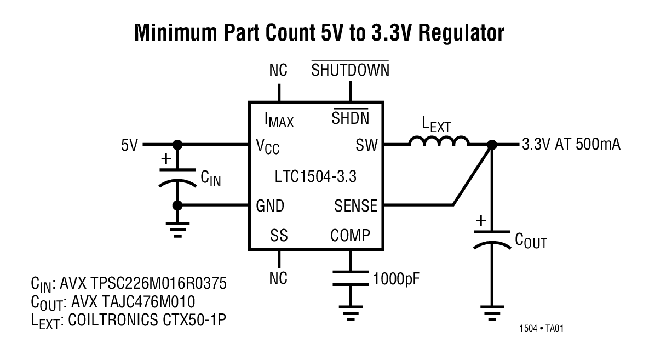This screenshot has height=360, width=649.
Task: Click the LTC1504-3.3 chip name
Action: [316, 176]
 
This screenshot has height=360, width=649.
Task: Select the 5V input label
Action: [129, 145]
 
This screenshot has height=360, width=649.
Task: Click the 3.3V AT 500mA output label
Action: [571, 145]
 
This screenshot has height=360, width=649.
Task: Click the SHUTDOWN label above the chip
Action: [350, 70]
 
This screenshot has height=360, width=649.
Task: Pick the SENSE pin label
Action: [355, 206]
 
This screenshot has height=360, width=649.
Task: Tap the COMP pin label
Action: [351, 236]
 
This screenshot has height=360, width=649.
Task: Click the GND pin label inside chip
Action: [270, 206]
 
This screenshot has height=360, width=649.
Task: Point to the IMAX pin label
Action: [279, 119]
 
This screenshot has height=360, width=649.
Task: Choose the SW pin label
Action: [366, 145]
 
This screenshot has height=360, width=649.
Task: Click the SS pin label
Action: [279, 236]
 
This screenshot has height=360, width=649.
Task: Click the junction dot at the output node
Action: [491, 145]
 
